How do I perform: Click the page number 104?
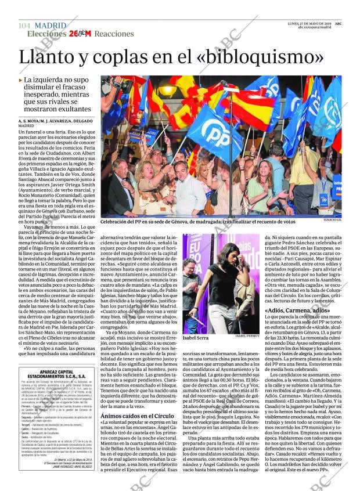[24, 26]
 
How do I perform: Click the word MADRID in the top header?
[51, 26]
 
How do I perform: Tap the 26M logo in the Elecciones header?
[80, 34]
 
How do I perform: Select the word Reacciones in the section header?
[114, 34]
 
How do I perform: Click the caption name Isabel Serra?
[196, 337]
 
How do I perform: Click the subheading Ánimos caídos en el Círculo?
[136, 400]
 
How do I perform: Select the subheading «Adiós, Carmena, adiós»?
[297, 311]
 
